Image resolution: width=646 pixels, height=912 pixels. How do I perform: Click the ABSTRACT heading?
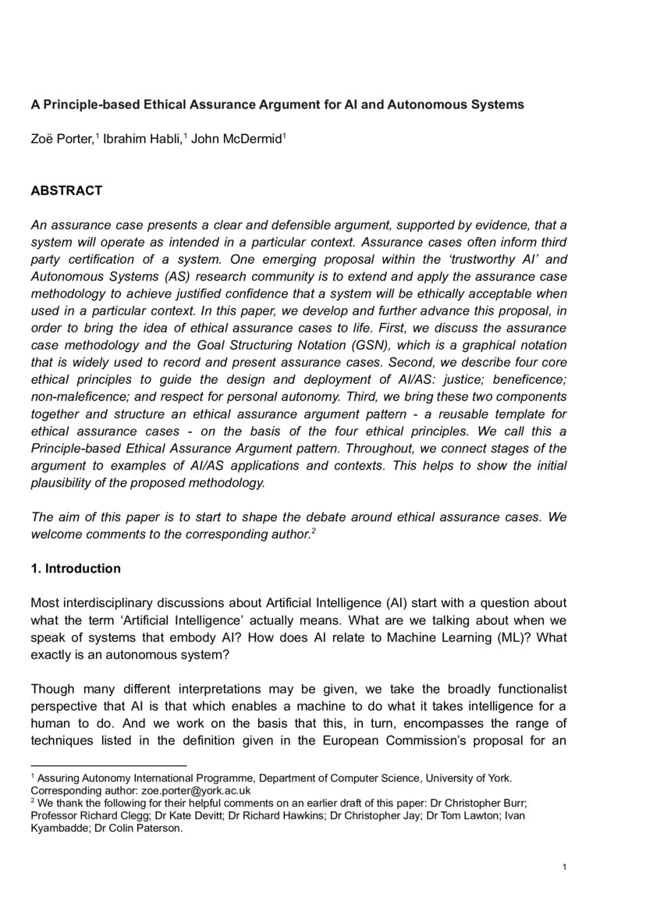pyautogui.click(x=66, y=190)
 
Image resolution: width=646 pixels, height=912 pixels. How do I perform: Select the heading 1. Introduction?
pyautogui.click(x=75, y=568)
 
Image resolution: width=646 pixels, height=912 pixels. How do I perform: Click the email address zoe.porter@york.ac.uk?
pyautogui.click(x=174, y=790)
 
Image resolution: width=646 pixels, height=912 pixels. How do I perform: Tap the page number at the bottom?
pyautogui.click(x=563, y=867)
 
